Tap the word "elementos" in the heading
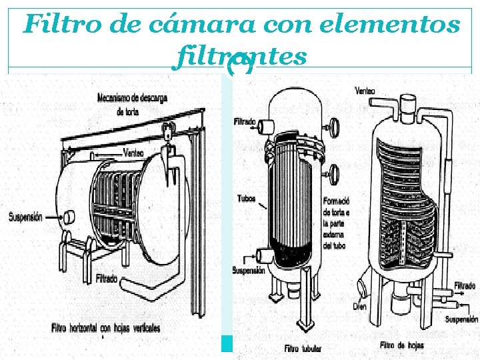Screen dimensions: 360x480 [x=389, y=25]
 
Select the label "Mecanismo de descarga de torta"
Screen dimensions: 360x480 [x=133, y=104]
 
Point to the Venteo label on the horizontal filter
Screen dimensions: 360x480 [x=133, y=153]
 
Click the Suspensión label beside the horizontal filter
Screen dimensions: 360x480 [x=26, y=217]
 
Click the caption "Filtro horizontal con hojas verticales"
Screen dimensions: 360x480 [x=106, y=328]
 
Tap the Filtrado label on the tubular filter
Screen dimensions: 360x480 [x=245, y=122]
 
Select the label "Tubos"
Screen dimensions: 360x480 [x=246, y=199]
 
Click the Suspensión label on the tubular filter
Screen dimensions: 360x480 [x=249, y=271]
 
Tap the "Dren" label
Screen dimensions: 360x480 [x=360, y=306]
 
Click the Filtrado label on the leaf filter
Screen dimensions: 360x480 [x=465, y=285]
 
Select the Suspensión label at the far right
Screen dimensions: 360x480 [x=462, y=319]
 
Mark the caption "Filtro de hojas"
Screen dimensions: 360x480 [x=401, y=345]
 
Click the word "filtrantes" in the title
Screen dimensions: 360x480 [x=240, y=57]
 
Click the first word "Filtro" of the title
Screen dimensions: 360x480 [x=54, y=25]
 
